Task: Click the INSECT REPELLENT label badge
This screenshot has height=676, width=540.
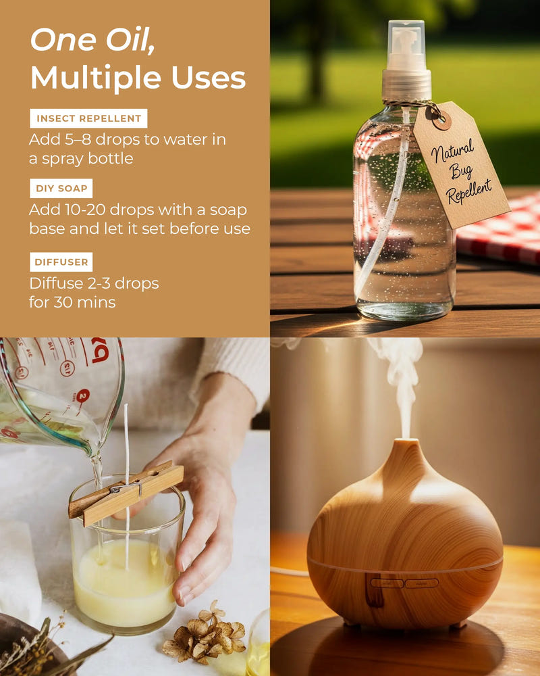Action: (88, 118)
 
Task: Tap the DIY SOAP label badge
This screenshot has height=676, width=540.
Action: (61, 188)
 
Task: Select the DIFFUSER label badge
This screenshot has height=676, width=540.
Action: (61, 262)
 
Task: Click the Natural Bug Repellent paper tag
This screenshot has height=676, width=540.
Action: (460, 166)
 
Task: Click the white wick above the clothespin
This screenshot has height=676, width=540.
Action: (126, 439)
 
